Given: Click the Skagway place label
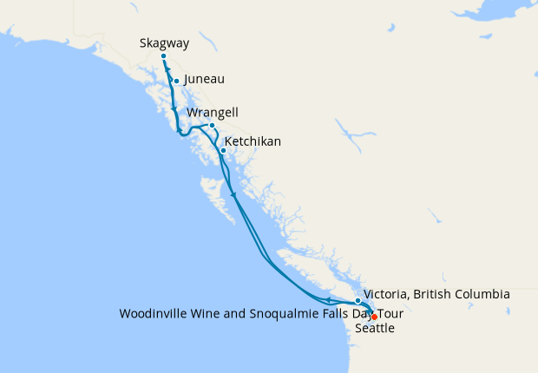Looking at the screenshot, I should (164, 43).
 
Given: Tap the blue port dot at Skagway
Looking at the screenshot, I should (164, 56).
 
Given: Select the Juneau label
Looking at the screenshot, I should (205, 79).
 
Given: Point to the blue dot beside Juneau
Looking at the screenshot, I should (176, 82).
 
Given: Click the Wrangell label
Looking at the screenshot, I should (213, 113).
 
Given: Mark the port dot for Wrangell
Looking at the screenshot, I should (212, 125).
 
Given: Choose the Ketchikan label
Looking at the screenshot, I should (253, 141).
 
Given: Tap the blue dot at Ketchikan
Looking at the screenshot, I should (223, 150).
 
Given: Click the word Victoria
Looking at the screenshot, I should (386, 294).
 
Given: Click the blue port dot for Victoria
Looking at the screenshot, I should (358, 301).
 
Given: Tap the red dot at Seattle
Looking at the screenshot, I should (374, 317).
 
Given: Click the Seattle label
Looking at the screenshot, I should (375, 329).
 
